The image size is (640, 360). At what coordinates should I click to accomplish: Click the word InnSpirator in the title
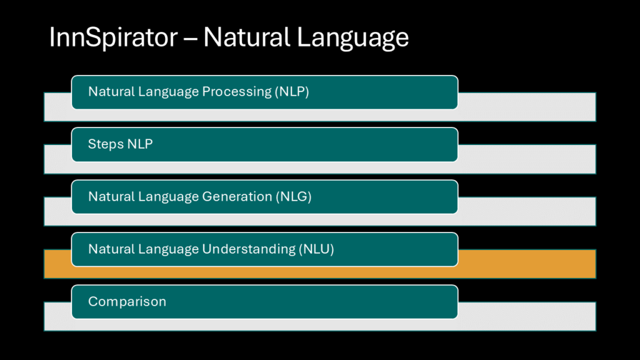[x=113, y=37]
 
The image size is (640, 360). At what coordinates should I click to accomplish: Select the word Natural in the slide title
[x=247, y=37]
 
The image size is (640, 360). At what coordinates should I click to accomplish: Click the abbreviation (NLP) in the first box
[x=292, y=91]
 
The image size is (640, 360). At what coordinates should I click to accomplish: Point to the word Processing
[x=237, y=92]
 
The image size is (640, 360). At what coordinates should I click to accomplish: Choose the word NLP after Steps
[x=140, y=144]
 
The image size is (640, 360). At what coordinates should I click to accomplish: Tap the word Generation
[x=237, y=196]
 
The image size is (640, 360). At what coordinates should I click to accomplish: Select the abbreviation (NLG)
[x=294, y=197]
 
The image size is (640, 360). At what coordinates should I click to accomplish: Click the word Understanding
[x=249, y=249]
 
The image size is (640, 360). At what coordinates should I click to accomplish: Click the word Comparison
[x=127, y=302]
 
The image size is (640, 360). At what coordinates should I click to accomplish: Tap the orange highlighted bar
[x=526, y=264]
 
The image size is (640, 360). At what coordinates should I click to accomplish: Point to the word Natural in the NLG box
[x=111, y=196]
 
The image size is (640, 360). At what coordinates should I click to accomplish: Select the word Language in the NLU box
[x=168, y=249]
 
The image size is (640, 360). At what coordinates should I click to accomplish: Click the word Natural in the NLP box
[x=111, y=91]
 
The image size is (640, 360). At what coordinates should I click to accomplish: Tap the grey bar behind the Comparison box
[x=526, y=316]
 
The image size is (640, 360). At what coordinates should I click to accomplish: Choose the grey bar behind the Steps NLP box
[x=526, y=159]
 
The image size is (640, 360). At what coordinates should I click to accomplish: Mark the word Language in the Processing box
[x=168, y=92]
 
